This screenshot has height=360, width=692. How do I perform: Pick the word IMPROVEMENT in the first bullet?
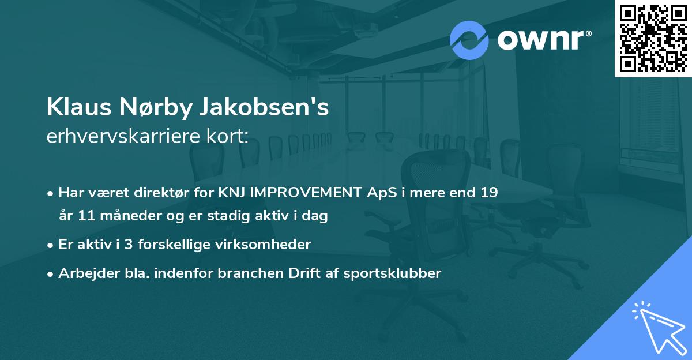[307, 193]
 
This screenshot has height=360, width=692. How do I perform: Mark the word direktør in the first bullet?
[182, 193]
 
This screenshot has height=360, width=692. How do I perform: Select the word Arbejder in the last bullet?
[84, 273]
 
